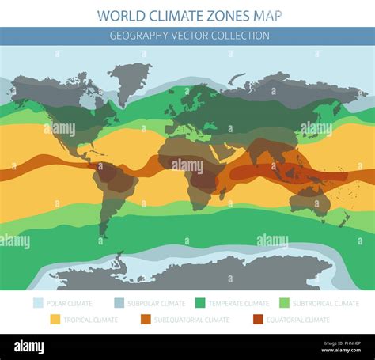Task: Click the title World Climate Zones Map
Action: click(189, 15)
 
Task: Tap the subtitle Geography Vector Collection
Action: click(189, 36)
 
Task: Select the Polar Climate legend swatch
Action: click(39, 303)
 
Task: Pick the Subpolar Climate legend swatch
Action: click(119, 303)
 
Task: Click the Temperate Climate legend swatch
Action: click(201, 303)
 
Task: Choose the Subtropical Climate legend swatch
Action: click(285, 303)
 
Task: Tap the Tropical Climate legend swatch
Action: click(55, 320)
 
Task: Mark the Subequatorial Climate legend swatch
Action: click(146, 320)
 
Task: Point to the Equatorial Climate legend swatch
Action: click(258, 320)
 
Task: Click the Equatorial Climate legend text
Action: click(299, 320)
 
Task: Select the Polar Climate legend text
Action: click(69, 303)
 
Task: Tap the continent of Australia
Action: click(310, 200)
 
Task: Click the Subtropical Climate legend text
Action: click(327, 303)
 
